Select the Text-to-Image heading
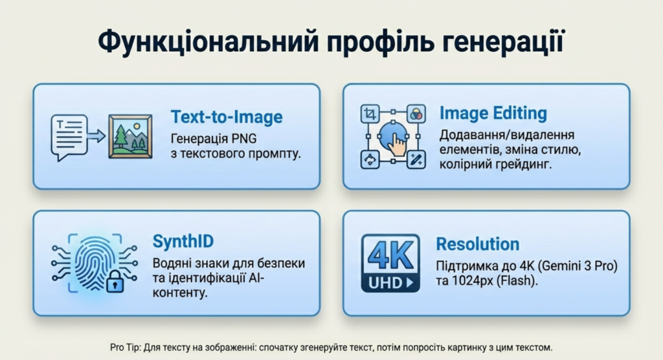click(227, 117)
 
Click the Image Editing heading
click(493, 113)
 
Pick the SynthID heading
click(183, 241)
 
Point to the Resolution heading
click(478, 244)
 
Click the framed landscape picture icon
click(130, 137)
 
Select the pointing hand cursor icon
click(396, 144)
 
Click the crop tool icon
click(370, 114)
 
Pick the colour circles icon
click(416, 114)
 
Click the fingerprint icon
click(95, 262)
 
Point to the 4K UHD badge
click(390, 263)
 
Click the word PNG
click(244, 139)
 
